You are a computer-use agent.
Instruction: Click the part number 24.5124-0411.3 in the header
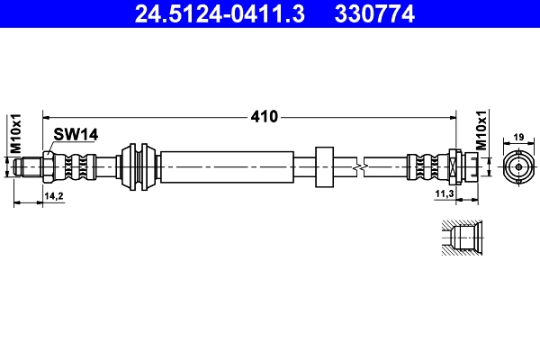pyautogui.click(x=220, y=13)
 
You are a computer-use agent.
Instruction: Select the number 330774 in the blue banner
pyautogui.click(x=374, y=13)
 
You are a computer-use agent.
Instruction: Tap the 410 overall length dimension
pyautogui.click(x=264, y=117)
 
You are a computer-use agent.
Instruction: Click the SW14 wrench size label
pyautogui.click(x=76, y=134)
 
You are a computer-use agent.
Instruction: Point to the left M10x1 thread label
pyautogui.click(x=16, y=134)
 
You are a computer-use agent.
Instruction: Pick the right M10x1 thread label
pyautogui.click(x=481, y=130)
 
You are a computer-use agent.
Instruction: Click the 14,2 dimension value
pyautogui.click(x=54, y=196)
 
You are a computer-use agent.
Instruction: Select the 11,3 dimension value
pyautogui.click(x=445, y=194)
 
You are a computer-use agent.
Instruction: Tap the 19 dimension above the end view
pyautogui.click(x=518, y=137)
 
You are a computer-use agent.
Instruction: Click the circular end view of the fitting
pyautogui.click(x=518, y=167)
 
